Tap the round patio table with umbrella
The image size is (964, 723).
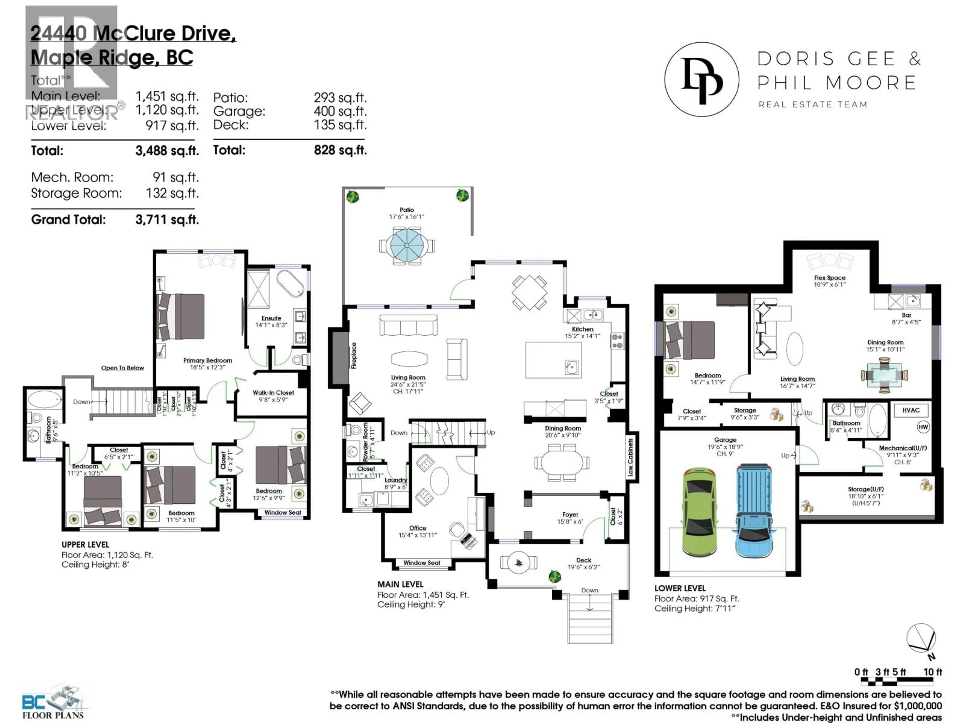click(407, 245)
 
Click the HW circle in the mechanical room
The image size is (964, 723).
click(923, 427)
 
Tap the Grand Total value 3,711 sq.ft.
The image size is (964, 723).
click(167, 220)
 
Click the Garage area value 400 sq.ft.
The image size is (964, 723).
click(340, 111)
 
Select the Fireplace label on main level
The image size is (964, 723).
click(354, 356)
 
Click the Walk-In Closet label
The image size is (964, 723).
click(273, 393)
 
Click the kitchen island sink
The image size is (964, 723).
click(572, 367)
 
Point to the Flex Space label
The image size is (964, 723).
click(829, 278)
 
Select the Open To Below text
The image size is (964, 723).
click(123, 368)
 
